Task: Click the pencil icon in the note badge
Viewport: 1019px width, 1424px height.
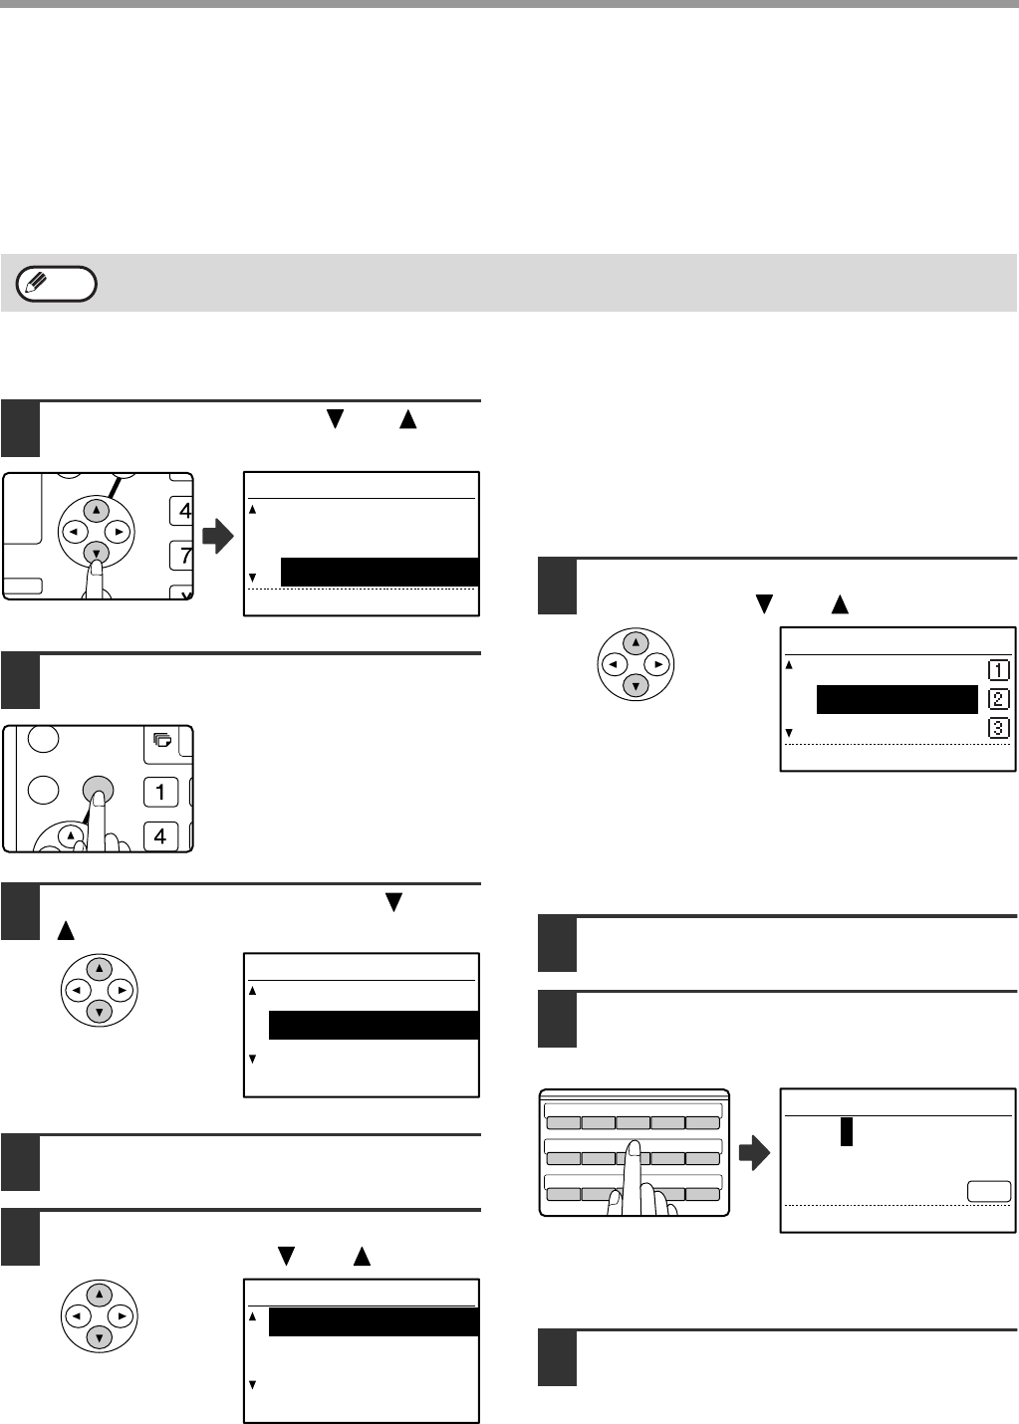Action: tap(36, 281)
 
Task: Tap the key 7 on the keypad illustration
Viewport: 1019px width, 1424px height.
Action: tap(182, 555)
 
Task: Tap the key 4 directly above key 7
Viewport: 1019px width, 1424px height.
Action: tap(182, 511)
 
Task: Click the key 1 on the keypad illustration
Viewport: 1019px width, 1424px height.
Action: tap(160, 792)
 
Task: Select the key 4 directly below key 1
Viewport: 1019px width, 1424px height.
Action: tap(160, 835)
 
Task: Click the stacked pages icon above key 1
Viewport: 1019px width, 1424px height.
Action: tap(162, 739)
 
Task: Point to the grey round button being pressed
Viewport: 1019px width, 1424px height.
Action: tap(98, 791)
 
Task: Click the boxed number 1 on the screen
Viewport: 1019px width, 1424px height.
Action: tap(999, 670)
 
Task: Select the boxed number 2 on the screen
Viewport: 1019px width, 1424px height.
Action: tap(999, 699)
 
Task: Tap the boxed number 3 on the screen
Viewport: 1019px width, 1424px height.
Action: tap(999, 728)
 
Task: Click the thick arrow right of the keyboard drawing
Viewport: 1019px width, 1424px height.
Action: tap(754, 1152)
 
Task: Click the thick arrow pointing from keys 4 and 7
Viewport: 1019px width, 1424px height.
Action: tap(218, 537)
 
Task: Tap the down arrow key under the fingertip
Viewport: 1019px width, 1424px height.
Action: tap(96, 553)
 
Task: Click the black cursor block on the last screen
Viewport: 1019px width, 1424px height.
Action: tap(846, 1131)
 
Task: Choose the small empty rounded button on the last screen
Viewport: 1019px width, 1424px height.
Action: tap(989, 1191)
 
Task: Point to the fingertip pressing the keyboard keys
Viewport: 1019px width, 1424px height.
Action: tap(635, 1149)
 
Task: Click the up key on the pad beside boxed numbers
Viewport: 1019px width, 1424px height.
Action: tap(636, 642)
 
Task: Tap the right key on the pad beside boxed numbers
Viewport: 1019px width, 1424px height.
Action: tap(657, 664)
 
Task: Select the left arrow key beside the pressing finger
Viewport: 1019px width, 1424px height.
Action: tap(75, 532)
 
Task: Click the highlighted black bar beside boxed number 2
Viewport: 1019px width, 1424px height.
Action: tap(896, 699)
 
